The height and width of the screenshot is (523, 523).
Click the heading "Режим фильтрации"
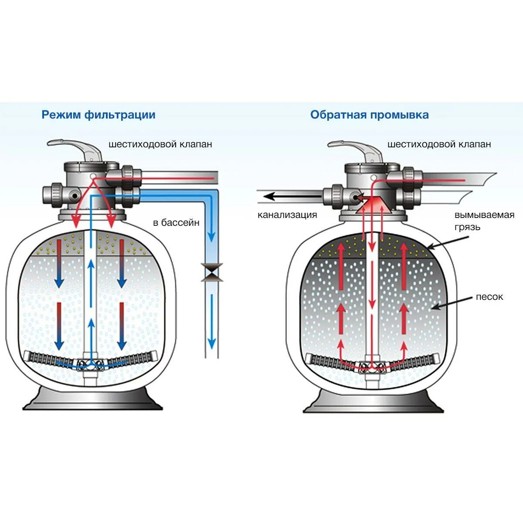pos(98,115)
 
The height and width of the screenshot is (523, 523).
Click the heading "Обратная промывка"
pos(369,115)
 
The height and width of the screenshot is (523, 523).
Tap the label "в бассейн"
pos(176,223)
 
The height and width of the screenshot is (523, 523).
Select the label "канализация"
pos(287,215)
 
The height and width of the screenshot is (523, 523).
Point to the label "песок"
pos(489,297)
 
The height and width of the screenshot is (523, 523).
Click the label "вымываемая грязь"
pos(484,221)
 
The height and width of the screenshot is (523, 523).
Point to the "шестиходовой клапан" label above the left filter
pos(160,144)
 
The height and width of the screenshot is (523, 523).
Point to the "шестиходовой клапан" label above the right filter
pos(439,144)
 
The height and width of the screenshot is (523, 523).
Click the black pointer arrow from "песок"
pos(453,303)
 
